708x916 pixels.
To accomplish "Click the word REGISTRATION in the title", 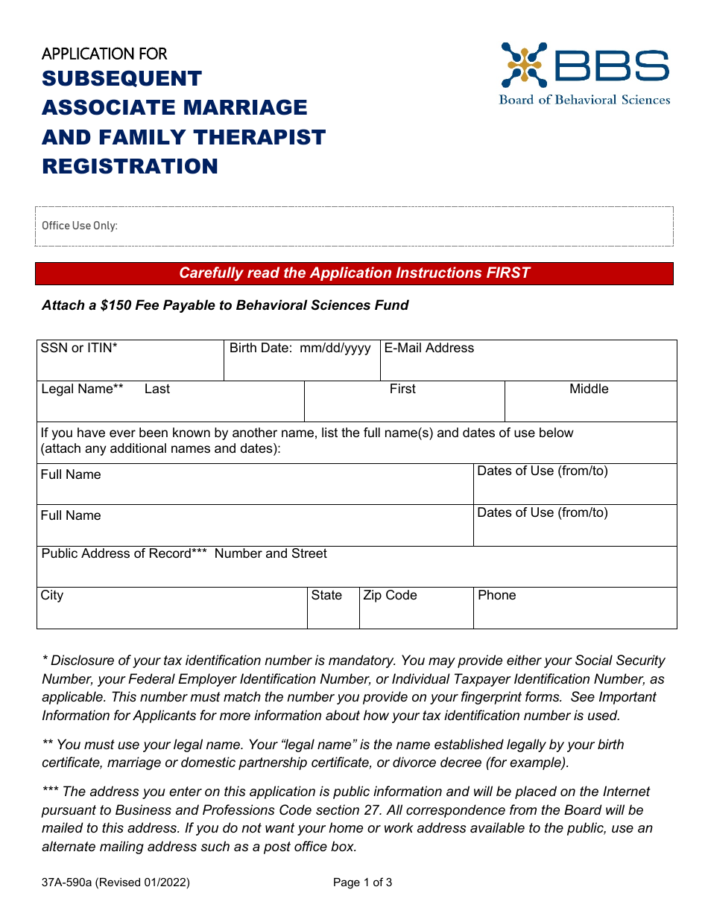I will (130, 166).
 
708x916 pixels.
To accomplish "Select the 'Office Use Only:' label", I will (80, 226).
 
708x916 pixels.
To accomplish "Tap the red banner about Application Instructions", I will (354, 273).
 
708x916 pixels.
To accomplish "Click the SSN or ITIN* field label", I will (79, 348).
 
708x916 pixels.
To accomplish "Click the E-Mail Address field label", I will (429, 348).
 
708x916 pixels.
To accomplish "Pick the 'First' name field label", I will (402, 389).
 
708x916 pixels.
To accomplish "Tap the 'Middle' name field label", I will (589, 389).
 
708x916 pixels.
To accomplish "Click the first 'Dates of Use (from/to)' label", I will (542, 471).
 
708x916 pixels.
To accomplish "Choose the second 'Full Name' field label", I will (71, 515).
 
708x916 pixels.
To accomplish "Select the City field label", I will (52, 595).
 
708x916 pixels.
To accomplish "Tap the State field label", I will (326, 595).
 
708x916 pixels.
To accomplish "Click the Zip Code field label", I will (390, 595).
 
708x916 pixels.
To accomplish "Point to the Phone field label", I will (496, 595).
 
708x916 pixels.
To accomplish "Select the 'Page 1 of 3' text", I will (362, 882).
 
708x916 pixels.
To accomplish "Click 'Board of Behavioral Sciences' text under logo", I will (584, 100).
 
